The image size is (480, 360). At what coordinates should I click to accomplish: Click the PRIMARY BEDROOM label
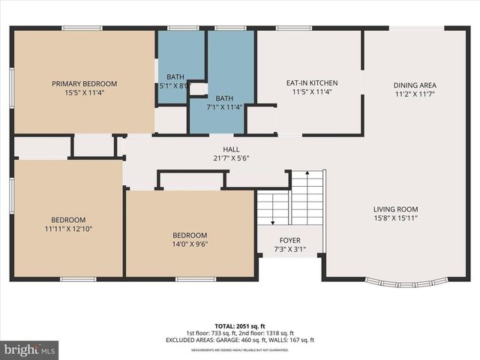point(84,83)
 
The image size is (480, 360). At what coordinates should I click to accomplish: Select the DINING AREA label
point(415,85)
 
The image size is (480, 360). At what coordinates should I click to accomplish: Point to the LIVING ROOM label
point(396,209)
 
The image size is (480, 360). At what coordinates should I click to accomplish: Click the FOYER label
point(289,241)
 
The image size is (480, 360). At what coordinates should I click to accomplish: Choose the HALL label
point(220,149)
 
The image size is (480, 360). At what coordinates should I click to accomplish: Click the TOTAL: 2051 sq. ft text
point(239,326)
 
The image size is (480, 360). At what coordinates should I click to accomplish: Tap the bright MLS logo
point(30,349)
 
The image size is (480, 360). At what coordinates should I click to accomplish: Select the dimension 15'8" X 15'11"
point(396,219)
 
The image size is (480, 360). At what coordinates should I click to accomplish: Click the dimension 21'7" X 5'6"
point(220,158)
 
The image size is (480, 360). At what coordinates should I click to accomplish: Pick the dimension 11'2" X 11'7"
point(415,94)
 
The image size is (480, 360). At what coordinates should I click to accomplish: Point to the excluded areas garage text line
point(239,340)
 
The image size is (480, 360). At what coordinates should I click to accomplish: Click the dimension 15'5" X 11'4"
point(84,93)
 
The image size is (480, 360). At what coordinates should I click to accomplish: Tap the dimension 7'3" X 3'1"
point(289,250)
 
